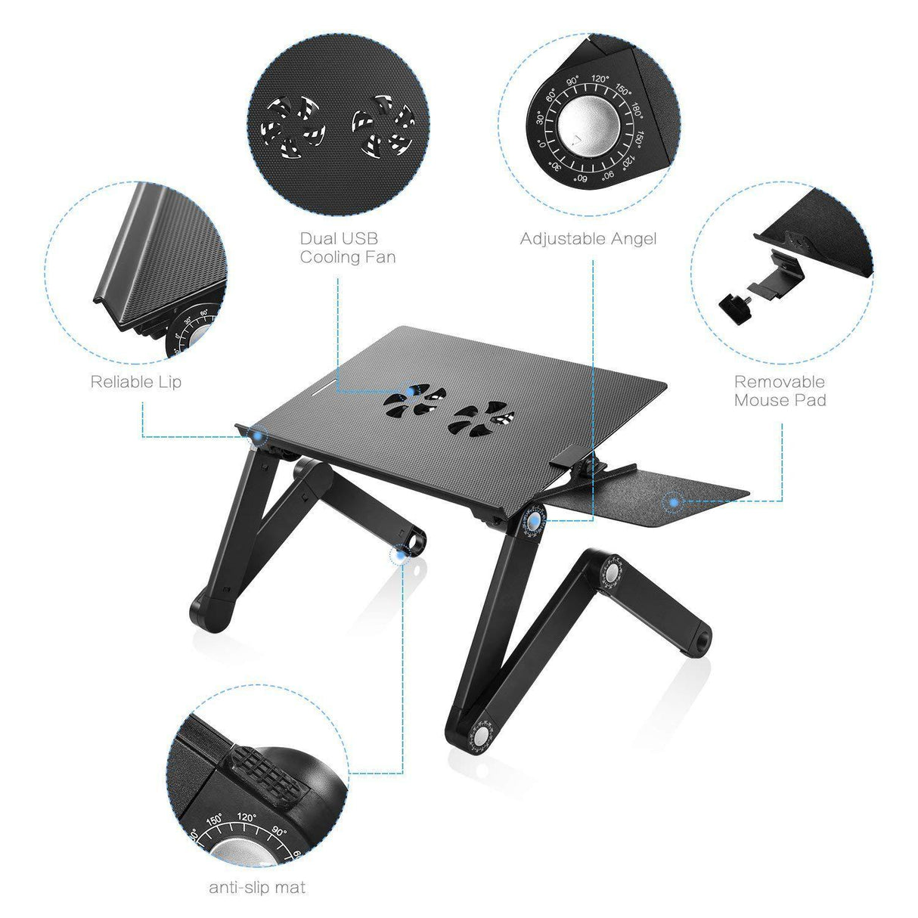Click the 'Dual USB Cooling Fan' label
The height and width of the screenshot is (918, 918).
pos(348,247)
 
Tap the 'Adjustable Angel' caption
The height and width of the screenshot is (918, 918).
pos(588,239)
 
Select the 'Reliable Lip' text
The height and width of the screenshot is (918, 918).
pos(136,381)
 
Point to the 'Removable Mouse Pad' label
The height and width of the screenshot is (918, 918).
pos(780,391)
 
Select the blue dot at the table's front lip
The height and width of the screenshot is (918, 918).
pos(259,435)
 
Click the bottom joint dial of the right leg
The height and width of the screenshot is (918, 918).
pos(481,734)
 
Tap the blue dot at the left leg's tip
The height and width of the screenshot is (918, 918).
pos(399,556)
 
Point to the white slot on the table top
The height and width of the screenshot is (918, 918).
pos(323,391)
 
